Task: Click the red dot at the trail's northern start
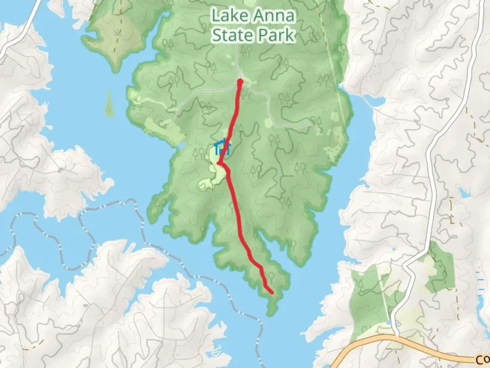pyautogui.click(x=240, y=81)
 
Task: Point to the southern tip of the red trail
pyautogui.click(x=272, y=292)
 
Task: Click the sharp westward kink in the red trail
pyautogui.click(x=218, y=164)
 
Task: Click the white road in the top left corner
pyautogui.click(x=20, y=31)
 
